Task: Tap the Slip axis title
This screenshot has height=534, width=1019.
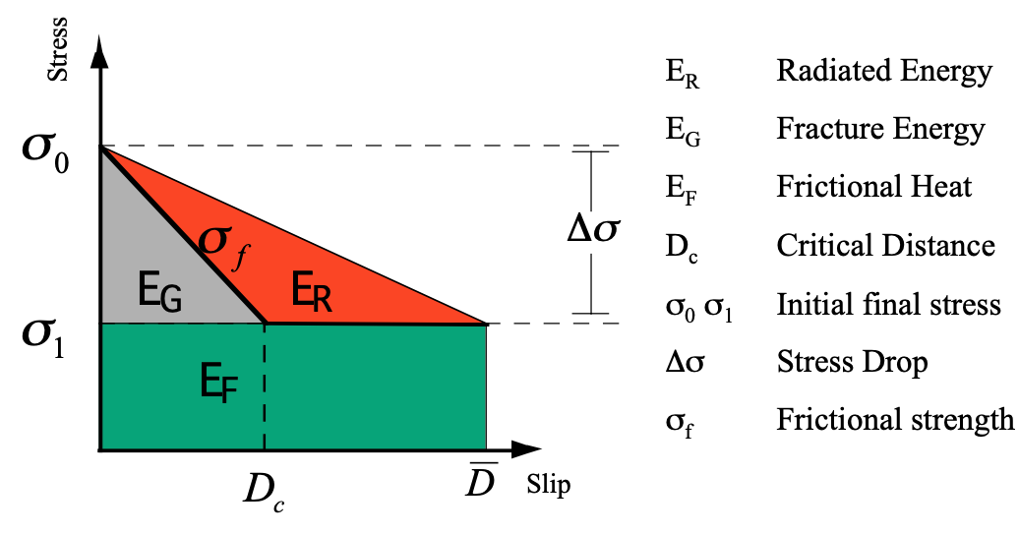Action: pos(548,485)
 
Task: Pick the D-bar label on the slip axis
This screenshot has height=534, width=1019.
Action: pos(482,479)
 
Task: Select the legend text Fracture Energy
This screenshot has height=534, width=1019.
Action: pos(880,129)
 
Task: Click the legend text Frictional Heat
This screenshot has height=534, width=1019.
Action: pos(874,186)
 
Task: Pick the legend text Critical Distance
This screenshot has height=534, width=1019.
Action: pos(885,245)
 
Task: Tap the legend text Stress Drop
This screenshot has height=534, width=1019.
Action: pos(852,362)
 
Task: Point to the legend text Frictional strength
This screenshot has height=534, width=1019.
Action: pos(895,420)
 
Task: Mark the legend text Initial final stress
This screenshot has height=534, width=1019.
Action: pos(888,304)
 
